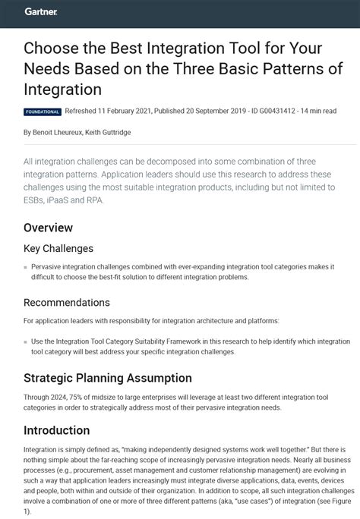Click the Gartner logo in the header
point(40,12)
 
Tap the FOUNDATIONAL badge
point(43,111)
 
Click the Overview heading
point(48,228)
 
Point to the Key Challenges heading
point(58,248)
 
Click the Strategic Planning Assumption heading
point(108,378)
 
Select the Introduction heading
point(57,430)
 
